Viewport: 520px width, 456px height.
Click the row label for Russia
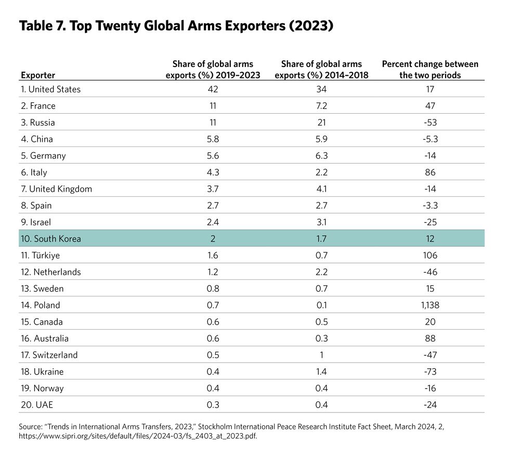pyautogui.click(x=38, y=123)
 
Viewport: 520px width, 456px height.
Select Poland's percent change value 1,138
pyautogui.click(x=430, y=305)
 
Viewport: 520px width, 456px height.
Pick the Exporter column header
pyautogui.click(x=38, y=75)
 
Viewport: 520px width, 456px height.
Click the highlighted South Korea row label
pyautogui.click(x=51, y=239)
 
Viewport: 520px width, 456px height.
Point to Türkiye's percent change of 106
pyautogui.click(x=430, y=256)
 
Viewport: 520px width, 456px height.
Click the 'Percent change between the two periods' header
pyautogui.click(x=430, y=70)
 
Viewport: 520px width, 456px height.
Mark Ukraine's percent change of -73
pyautogui.click(x=430, y=372)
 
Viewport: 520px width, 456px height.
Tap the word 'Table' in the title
pyautogui.click(x=38, y=26)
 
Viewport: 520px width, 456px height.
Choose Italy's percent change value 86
pyautogui.click(x=430, y=172)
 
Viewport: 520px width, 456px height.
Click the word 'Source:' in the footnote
pyautogui.click(x=33, y=426)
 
